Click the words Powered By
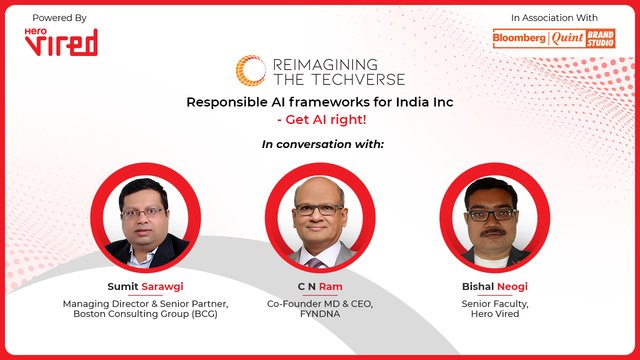coord(59,18)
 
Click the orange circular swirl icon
coord(250,71)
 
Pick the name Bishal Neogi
coord(487,285)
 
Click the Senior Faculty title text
coord(487,303)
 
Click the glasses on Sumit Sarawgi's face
coord(143,212)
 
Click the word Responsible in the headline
coord(229,103)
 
